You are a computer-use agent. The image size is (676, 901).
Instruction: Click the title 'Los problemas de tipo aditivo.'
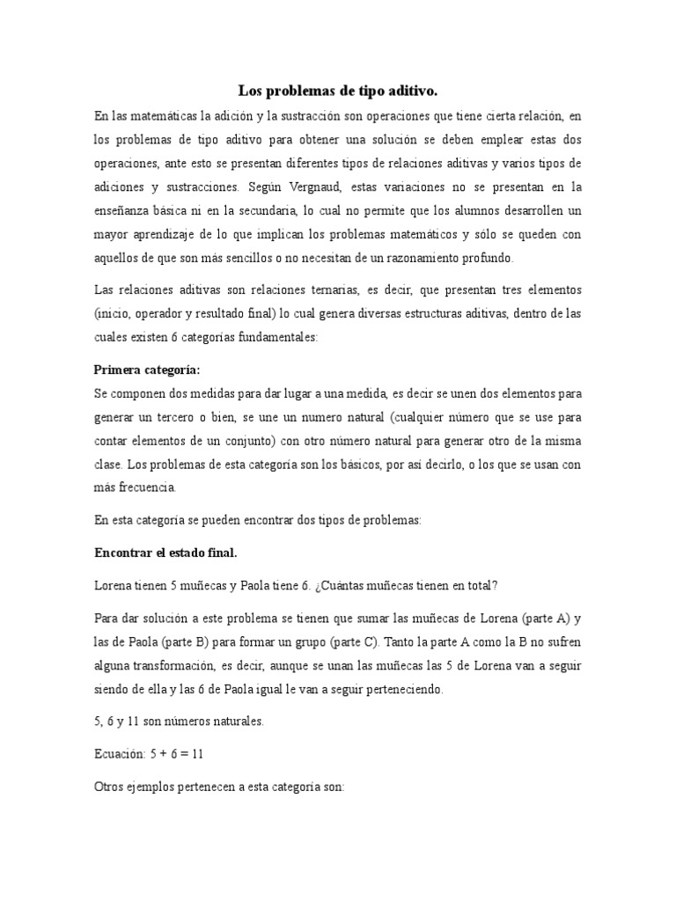338,91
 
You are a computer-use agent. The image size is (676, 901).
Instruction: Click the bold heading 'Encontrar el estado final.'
165,553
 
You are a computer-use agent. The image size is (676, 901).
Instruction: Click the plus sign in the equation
165,754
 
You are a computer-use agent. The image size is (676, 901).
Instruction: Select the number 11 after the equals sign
198,753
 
